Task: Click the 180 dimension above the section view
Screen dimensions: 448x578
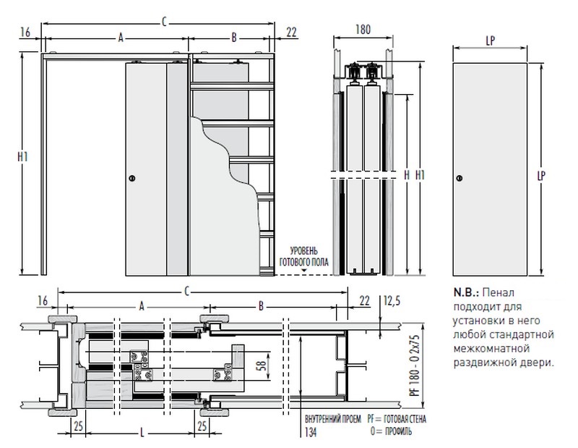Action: pos(363,30)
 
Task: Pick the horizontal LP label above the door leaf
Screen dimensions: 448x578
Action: pos(486,42)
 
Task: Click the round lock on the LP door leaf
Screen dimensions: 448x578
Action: pos(460,178)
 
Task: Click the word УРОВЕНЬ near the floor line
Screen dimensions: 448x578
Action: pos(303,250)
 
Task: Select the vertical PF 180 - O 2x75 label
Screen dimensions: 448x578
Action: pos(414,363)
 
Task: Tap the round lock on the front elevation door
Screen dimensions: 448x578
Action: pos(131,177)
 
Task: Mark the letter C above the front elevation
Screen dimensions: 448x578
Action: pos(165,22)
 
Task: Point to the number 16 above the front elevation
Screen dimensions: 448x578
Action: pos(25,32)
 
